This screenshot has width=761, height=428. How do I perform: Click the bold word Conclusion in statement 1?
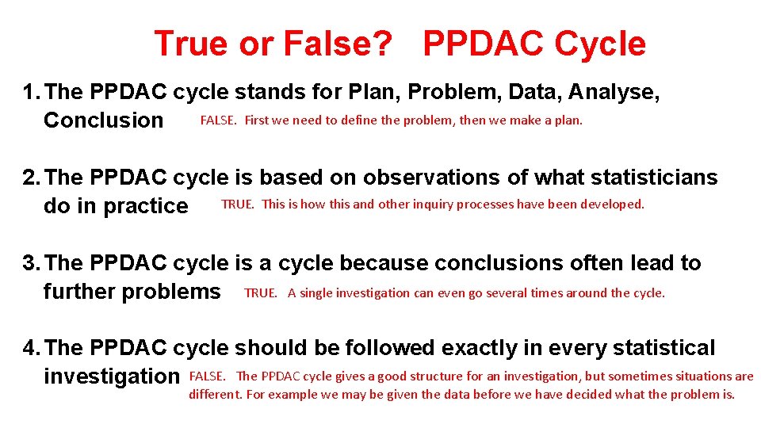103,120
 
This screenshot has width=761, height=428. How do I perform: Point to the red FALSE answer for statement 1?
218,120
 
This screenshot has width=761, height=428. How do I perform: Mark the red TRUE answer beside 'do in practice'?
238,204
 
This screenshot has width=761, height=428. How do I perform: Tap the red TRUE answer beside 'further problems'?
261,293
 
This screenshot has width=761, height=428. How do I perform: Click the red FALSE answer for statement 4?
208,376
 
